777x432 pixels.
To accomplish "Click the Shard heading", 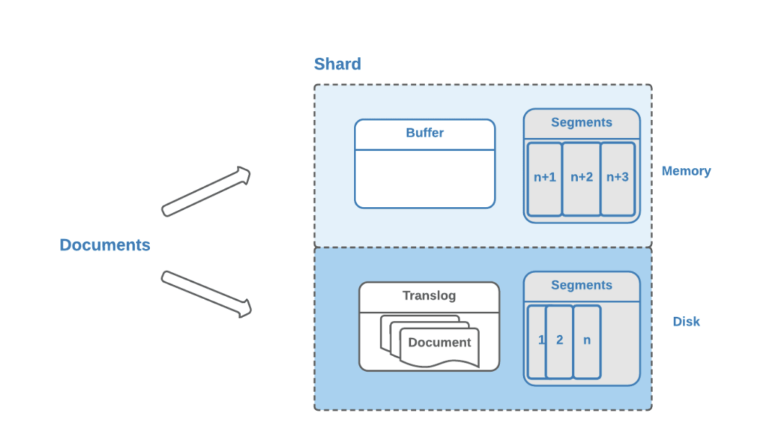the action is point(337,64).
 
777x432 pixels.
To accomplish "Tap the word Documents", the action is point(105,245).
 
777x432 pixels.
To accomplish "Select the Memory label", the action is point(686,171).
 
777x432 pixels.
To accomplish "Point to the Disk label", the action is point(686,321).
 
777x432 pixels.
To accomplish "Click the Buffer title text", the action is point(425,133).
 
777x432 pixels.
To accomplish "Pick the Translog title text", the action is point(429,296).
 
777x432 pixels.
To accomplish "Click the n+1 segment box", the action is point(544,179).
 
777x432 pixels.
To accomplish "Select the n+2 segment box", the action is point(581,179).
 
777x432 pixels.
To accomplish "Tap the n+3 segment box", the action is point(618,179).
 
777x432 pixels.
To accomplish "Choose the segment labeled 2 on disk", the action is point(559,342).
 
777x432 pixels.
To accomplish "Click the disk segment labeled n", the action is point(587,342).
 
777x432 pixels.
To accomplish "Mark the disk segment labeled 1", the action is point(537,342).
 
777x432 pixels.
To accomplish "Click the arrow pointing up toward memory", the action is point(206,191).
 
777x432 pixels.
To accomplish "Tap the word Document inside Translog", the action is point(440,342).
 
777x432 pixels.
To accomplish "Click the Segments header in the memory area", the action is point(581,122).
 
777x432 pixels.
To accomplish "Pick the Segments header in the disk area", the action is point(581,285).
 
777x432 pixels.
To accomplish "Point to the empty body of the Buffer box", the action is point(425,179).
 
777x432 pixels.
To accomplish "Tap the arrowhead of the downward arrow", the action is point(245,309).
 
